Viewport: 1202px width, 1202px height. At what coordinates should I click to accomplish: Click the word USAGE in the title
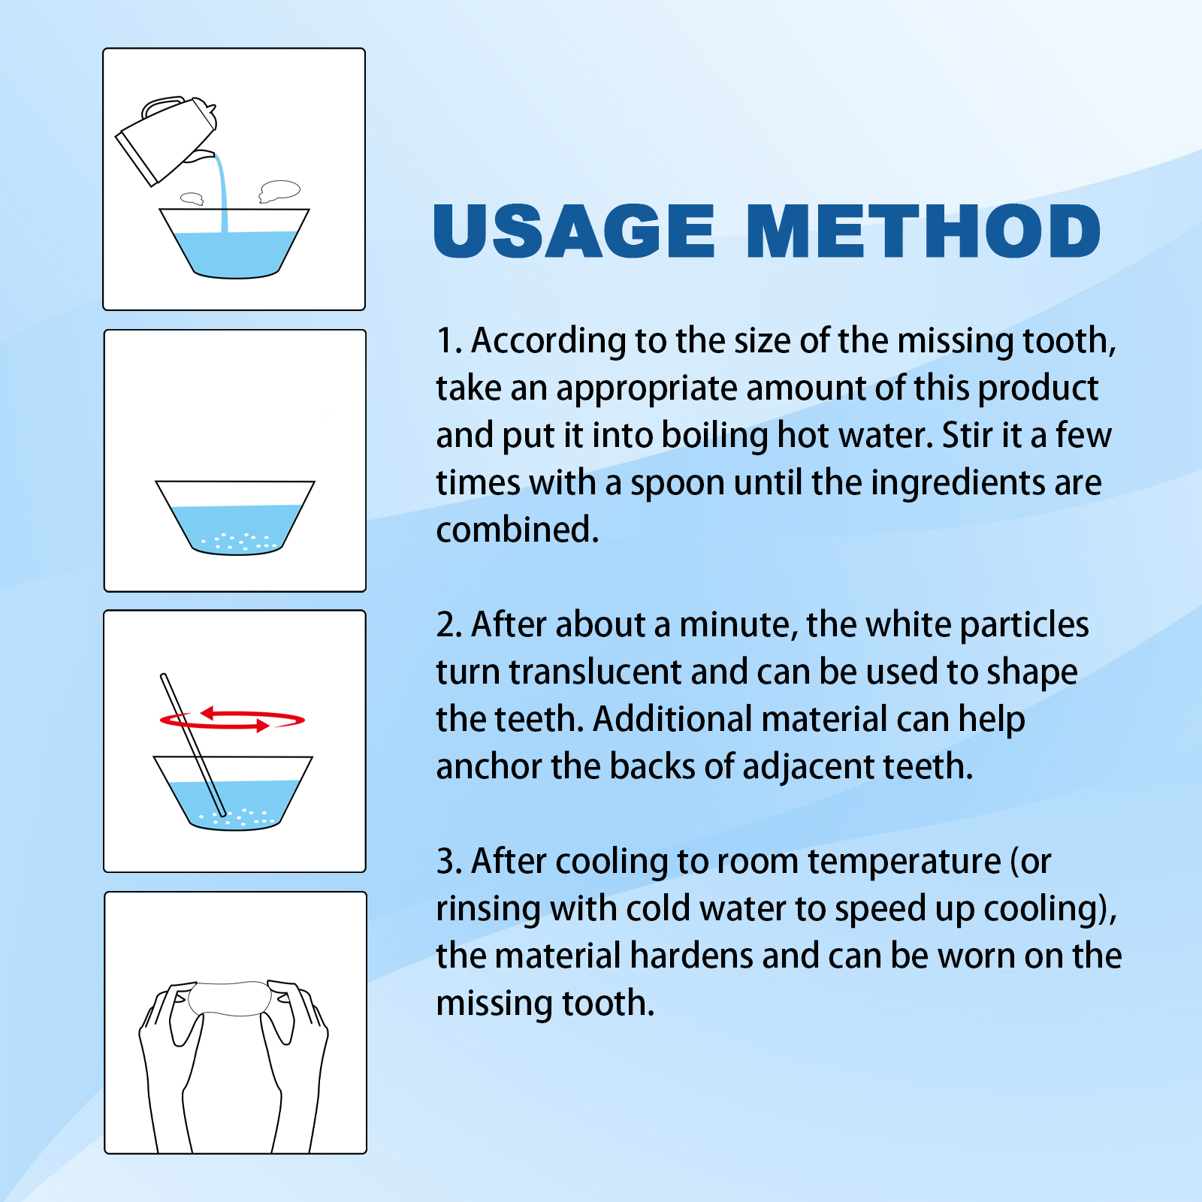coord(574,231)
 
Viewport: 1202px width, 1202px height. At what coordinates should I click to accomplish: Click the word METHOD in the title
coord(923,231)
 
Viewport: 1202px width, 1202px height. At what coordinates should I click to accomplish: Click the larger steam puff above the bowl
coord(279,191)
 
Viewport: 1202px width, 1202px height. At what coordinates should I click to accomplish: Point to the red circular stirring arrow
coord(232,719)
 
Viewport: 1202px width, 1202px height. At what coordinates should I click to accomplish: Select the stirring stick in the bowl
coord(193,744)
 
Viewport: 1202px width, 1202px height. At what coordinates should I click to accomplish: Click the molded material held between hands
coord(230,998)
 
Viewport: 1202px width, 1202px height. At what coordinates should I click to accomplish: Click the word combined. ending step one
coord(517,530)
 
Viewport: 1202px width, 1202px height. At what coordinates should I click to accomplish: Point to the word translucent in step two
coord(595,672)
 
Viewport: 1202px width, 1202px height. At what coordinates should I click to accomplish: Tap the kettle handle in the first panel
coord(164,105)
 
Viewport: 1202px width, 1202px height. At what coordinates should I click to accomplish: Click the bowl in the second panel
coord(235,518)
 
